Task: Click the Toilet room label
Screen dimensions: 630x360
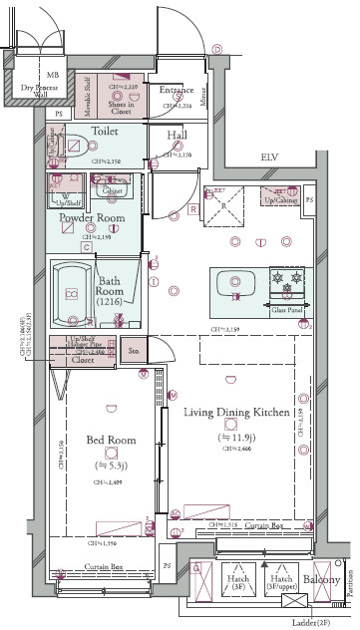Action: tap(105, 131)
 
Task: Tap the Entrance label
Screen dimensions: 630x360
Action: tap(176, 91)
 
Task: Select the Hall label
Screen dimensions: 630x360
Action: tap(178, 137)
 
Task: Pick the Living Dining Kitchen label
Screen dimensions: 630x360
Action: tap(236, 411)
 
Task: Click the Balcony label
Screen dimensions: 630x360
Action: tap(321, 581)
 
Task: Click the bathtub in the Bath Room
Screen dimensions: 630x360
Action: tap(71, 294)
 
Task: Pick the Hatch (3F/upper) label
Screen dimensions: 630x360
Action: tap(280, 585)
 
